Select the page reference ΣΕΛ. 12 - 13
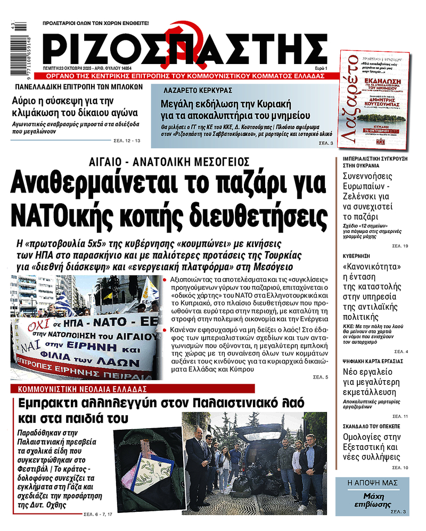point(127,140)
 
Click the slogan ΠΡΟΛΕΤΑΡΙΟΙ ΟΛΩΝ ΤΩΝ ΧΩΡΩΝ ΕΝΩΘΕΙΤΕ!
point(96,23)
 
